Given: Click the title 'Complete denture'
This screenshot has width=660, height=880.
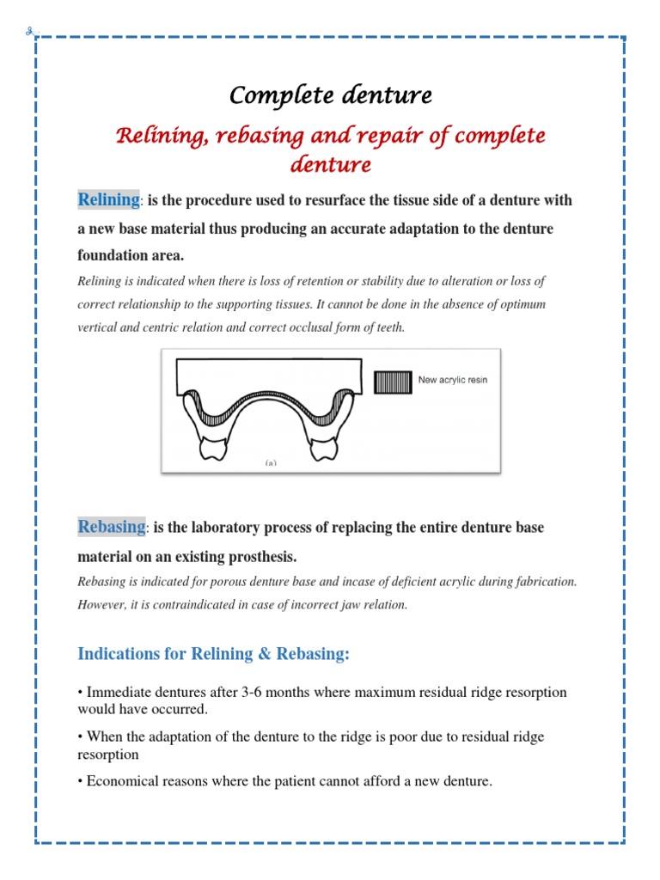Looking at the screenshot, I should [x=330, y=95].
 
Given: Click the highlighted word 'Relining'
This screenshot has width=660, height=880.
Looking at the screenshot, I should [x=108, y=200].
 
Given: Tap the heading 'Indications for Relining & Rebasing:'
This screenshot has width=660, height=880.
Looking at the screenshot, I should [x=214, y=654].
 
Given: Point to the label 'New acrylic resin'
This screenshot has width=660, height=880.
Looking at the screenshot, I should [x=452, y=380].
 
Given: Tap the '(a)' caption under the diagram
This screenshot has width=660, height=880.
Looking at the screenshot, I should [x=270, y=463].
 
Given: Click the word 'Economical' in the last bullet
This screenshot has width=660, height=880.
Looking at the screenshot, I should [x=119, y=782].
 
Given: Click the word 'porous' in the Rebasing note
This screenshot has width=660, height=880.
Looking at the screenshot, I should [x=230, y=582].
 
